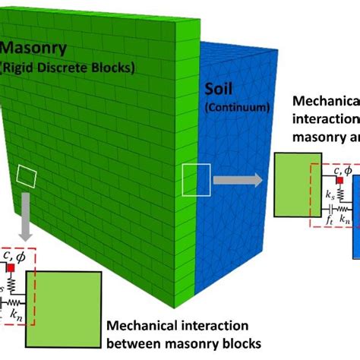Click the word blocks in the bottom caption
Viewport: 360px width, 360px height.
click(245, 344)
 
